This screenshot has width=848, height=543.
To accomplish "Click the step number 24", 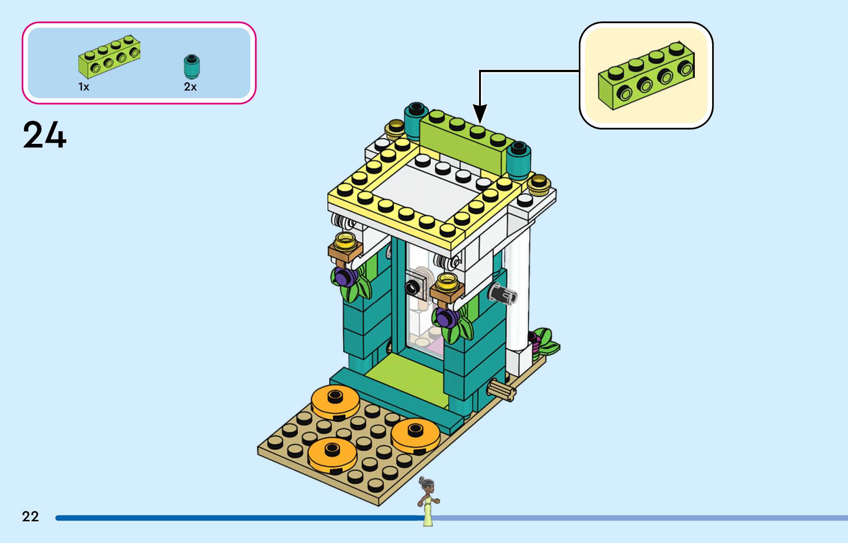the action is tap(45, 135).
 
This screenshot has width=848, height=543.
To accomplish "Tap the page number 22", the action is tap(30, 516).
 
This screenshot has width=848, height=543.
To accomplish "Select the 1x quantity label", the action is tap(84, 87).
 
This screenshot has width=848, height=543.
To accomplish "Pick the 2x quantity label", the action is tap(190, 87).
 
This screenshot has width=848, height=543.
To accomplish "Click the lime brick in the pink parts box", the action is tap(109, 57).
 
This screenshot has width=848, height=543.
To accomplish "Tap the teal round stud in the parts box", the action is tap(191, 66).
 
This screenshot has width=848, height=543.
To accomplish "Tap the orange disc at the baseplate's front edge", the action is tap(332, 454).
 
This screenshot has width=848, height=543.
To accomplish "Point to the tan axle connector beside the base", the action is tap(501, 390).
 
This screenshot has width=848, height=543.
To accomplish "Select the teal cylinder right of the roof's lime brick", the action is tap(518, 158).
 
